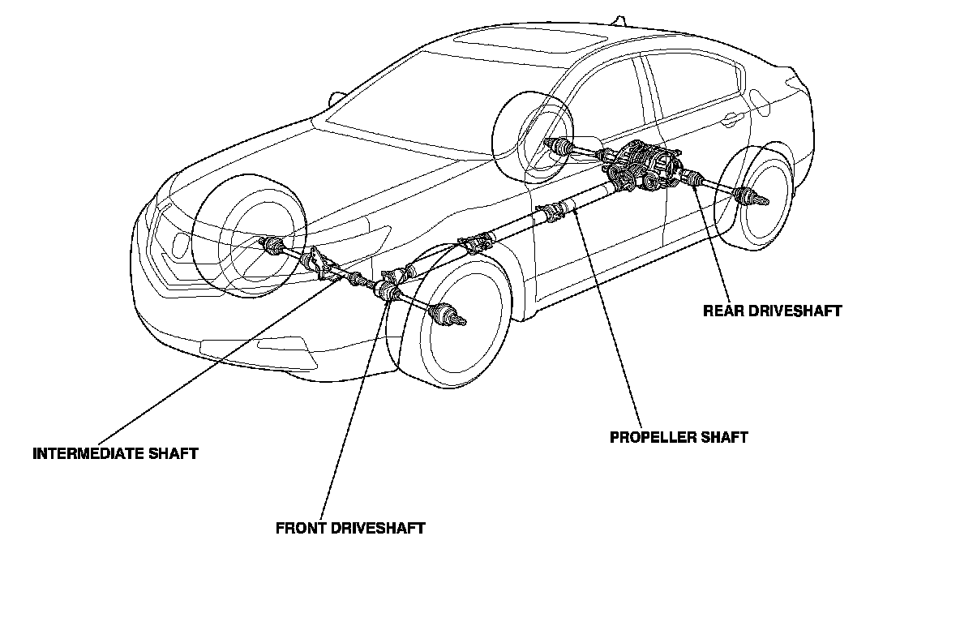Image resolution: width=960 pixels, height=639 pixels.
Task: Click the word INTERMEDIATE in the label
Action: point(78,453)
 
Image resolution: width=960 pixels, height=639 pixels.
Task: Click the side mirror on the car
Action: point(334,99)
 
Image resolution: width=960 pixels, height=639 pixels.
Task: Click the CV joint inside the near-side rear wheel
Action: point(748,197)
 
